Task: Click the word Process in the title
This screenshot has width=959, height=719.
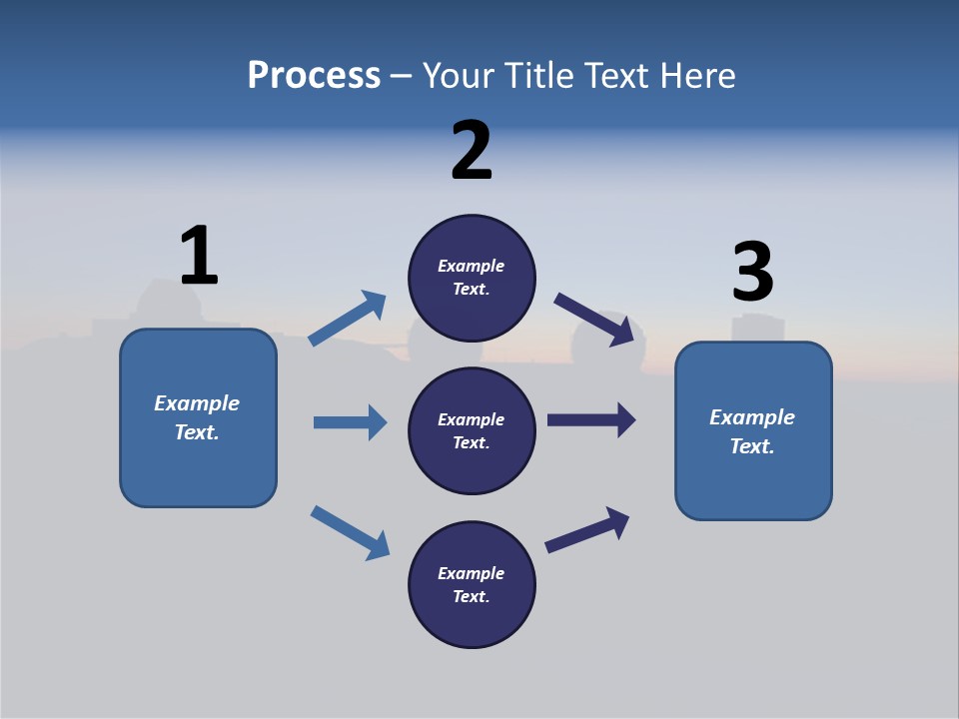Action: coord(314,76)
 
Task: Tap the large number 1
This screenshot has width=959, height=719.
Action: coord(199,256)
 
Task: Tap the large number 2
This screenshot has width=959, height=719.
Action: coord(472,151)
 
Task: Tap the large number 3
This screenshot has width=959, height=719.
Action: coord(752,273)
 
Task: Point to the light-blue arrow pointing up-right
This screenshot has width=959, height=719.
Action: coord(348,319)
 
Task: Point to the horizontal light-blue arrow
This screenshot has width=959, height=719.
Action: coord(350,422)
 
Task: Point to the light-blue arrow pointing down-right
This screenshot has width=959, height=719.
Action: coord(350,532)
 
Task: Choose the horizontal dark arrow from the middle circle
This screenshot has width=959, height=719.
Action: coord(591,420)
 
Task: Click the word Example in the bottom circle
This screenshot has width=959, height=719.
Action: coord(471,573)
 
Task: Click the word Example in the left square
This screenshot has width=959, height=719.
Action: coord(197,403)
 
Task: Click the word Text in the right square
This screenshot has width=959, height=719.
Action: coord(750,446)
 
